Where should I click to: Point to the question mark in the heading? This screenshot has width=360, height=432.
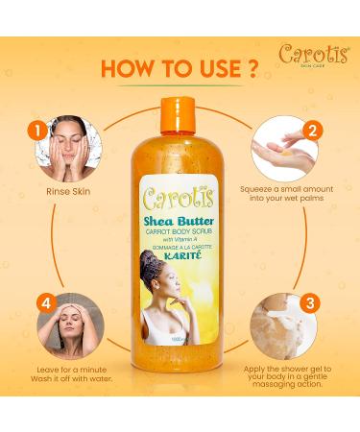coord(252,70)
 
